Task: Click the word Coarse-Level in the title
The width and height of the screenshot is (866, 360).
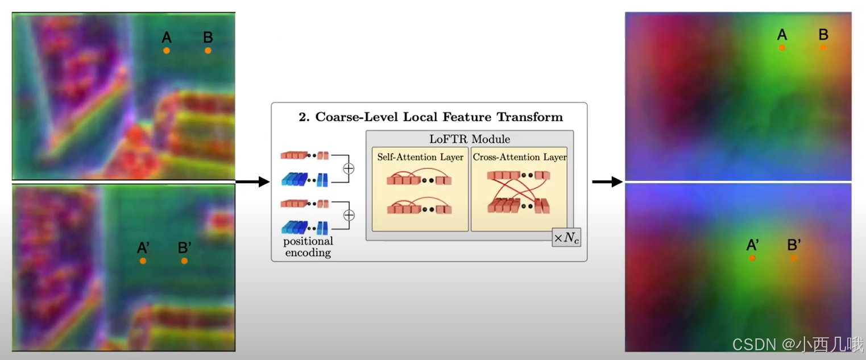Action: click(x=343, y=117)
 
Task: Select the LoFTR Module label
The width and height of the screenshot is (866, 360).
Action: click(x=469, y=139)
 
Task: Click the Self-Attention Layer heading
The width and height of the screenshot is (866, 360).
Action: click(x=420, y=157)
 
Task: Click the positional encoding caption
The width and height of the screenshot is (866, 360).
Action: click(x=308, y=247)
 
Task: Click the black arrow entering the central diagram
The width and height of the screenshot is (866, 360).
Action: click(x=252, y=182)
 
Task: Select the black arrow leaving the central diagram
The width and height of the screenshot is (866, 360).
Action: click(x=607, y=182)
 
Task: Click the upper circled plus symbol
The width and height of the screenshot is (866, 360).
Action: click(x=350, y=168)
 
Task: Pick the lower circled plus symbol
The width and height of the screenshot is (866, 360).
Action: click(x=350, y=215)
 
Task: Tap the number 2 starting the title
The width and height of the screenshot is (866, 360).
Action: click(x=303, y=117)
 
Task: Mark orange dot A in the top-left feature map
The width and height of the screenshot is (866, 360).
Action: click(x=167, y=51)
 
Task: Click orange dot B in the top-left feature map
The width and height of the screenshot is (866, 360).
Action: click(x=208, y=51)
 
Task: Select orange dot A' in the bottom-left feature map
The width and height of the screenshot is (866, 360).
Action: click(x=143, y=261)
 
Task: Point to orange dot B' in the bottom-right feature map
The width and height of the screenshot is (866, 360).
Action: click(x=793, y=258)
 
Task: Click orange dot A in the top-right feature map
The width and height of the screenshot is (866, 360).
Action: click(x=782, y=48)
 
